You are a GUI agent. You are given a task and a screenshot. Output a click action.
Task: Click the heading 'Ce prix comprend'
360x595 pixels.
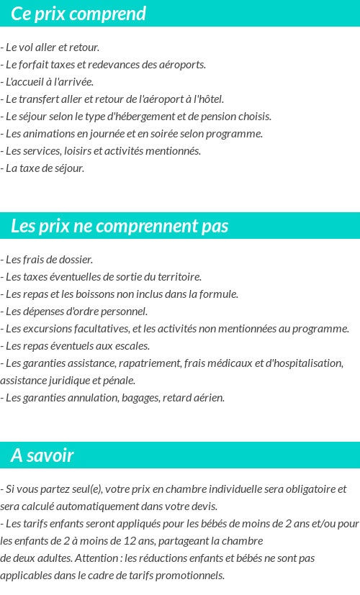point(78,14)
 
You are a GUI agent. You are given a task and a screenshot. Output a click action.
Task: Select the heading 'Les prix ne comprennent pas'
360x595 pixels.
point(120,226)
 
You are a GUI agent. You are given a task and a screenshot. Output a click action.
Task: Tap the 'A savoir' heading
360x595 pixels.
point(42,455)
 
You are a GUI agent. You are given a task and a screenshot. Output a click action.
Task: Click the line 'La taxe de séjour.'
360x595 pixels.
point(43,168)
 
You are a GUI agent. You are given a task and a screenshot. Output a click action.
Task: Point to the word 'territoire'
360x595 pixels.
point(177,276)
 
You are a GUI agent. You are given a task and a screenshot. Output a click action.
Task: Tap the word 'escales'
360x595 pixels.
point(130,345)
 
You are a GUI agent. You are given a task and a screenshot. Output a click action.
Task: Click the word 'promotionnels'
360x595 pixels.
point(192,575)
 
